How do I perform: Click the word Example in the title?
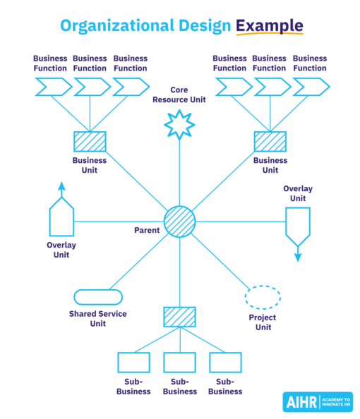click(x=270, y=26)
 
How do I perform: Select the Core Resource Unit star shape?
click(x=179, y=124)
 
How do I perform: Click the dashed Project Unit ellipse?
click(x=263, y=297)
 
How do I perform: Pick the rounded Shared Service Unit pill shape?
click(x=97, y=297)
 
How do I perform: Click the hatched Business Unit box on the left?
click(x=90, y=142)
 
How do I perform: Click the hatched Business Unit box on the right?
click(x=270, y=142)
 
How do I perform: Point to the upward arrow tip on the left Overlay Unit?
click(x=61, y=186)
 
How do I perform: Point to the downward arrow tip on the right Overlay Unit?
click(x=297, y=258)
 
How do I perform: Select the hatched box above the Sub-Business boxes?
click(x=179, y=317)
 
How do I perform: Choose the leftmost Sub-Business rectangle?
click(x=133, y=363)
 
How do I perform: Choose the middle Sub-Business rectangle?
click(x=179, y=363)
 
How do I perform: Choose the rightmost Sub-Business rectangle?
click(x=225, y=363)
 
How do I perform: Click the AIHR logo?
click(x=317, y=401)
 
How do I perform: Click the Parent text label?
click(x=147, y=231)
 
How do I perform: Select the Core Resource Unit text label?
click(x=179, y=95)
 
